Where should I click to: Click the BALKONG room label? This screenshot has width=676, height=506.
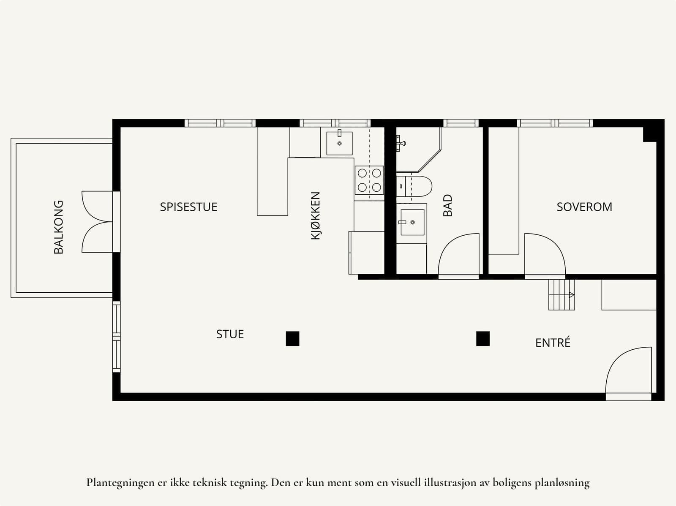58,227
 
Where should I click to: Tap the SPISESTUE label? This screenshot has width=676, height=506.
188,207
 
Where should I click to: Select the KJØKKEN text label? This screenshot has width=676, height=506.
316,216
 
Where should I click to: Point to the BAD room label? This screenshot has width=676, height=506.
447,205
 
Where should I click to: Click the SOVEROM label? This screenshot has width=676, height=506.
584,207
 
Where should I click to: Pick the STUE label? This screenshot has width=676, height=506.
230,334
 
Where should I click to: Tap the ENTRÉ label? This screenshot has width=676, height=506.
553,343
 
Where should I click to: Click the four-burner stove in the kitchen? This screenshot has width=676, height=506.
369,180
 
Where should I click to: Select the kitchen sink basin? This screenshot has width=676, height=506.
339,144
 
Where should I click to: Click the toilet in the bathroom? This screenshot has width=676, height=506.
414,186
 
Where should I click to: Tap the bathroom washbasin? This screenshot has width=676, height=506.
412,222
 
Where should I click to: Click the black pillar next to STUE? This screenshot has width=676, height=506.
292,339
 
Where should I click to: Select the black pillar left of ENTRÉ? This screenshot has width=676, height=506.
483,339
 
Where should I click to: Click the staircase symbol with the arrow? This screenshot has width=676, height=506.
562,295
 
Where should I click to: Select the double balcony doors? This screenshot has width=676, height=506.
93,222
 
